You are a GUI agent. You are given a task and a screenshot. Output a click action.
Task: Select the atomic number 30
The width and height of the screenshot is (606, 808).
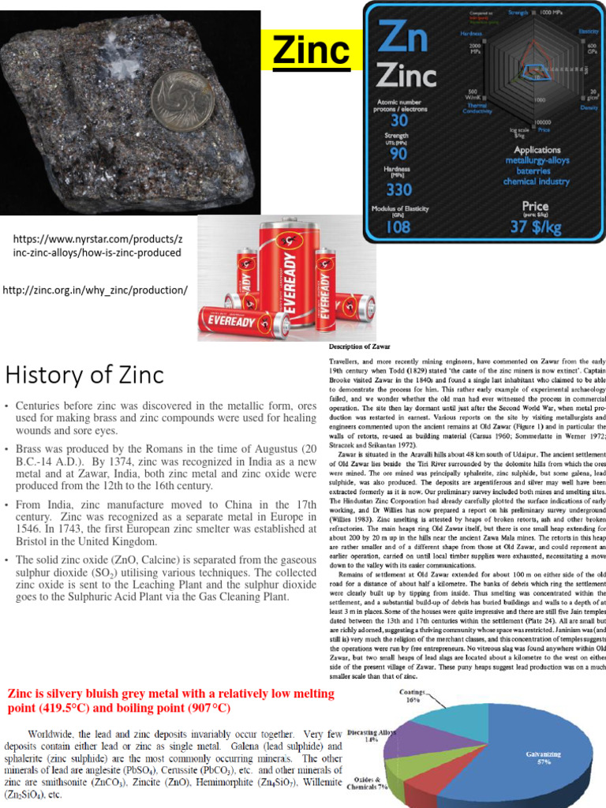point(398,119)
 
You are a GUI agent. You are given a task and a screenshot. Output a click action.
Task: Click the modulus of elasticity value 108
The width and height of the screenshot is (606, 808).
point(398,226)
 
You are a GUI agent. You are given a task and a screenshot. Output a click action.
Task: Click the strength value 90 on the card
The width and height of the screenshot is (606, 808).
point(398,155)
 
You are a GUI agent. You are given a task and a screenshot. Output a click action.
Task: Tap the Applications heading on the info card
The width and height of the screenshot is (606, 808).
point(537,150)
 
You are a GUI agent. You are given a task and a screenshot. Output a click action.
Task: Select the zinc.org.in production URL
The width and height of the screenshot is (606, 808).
point(95,290)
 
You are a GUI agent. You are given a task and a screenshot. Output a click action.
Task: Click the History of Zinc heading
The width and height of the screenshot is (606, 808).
point(85,373)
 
